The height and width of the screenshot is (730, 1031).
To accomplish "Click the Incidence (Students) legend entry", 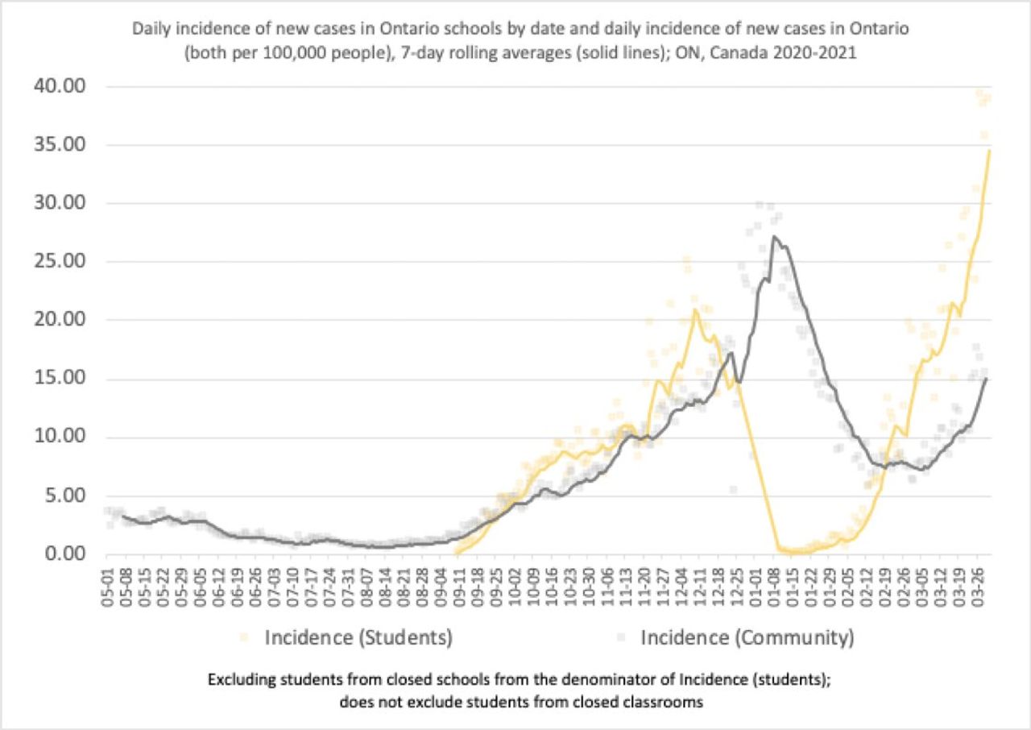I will pyautogui.click(x=358, y=638).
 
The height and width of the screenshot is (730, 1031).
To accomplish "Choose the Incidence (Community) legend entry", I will pyautogui.click(x=747, y=638).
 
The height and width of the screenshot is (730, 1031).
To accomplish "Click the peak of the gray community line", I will pyautogui.click(x=773, y=236).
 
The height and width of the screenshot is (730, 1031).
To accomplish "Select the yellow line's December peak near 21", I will pyautogui.click(x=694, y=309).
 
